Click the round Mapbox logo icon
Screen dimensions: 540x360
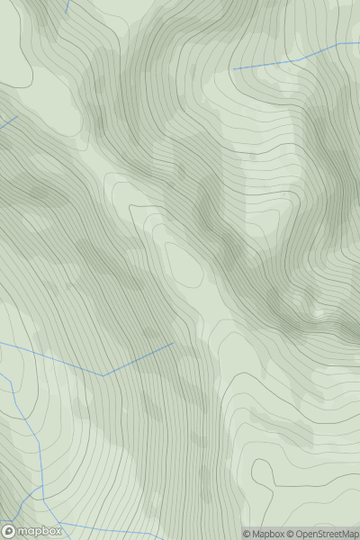pos(10,531)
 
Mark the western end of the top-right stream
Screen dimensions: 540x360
pos(234,68)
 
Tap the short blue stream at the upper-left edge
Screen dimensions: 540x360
pos(9,123)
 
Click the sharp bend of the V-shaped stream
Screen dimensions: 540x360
pos(103,374)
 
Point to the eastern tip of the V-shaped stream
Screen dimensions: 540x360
pos(173,342)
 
